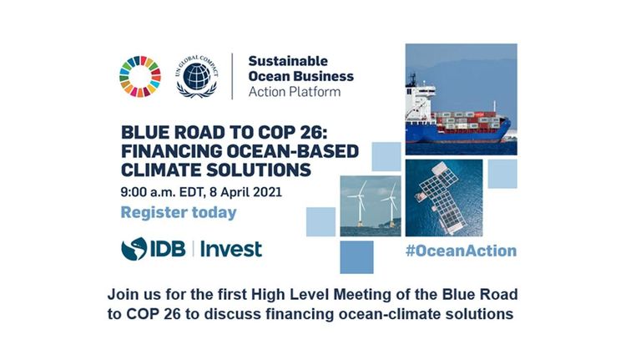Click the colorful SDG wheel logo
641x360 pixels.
click(140, 77)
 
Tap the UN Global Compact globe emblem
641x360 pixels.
click(197, 77)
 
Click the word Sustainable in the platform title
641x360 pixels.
click(288, 61)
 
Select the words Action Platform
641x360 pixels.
click(295, 92)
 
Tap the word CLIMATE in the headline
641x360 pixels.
click(161, 170)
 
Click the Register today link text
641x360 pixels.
click(179, 213)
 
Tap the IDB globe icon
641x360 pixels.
click(134, 249)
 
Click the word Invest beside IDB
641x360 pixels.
click(231, 249)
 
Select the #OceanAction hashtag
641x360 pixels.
click(461, 251)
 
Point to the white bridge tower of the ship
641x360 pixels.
click(417, 99)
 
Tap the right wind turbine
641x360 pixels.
click(391, 204)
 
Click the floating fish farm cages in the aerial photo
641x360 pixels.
click(437, 197)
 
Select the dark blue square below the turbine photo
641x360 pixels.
click(356, 257)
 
